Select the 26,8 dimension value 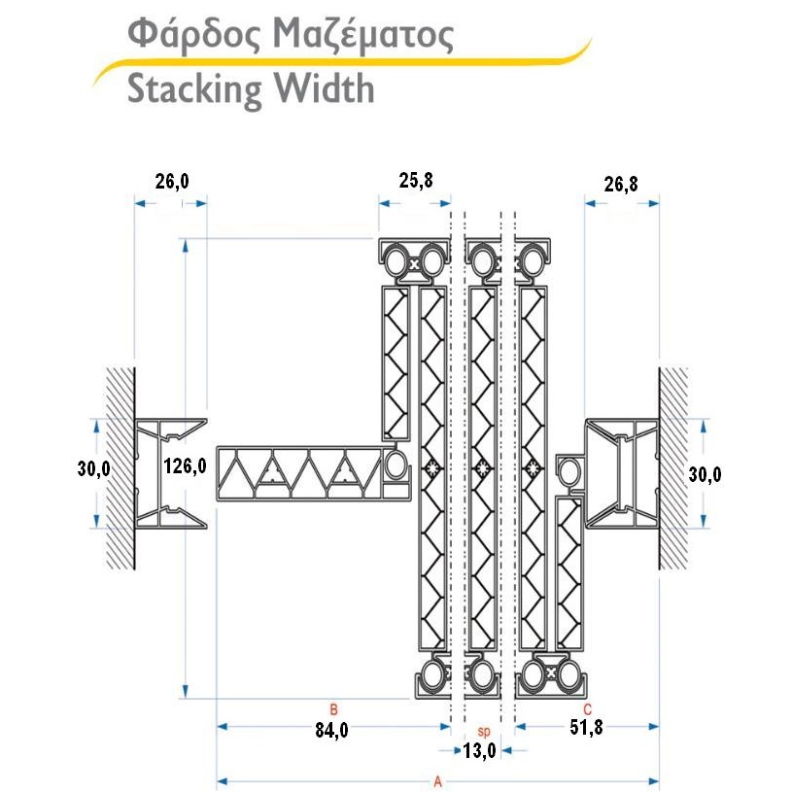pyautogui.click(x=621, y=184)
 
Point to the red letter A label pyautogui.click(x=437, y=780)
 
